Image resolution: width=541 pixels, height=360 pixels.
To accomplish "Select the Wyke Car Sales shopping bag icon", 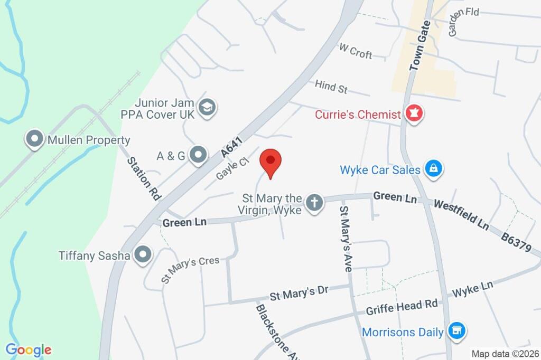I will point(433,169).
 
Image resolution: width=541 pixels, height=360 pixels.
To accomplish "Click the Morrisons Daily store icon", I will point(455,331).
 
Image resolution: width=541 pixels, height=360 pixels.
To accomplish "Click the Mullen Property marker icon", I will point(35,140).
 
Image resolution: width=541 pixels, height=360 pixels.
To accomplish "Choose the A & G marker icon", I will point(199,155).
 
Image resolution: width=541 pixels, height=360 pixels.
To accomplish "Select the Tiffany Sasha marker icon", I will point(142,255).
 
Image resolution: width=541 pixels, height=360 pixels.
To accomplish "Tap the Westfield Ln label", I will point(460,214).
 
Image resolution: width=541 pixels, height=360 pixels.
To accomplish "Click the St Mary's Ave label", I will point(345,239).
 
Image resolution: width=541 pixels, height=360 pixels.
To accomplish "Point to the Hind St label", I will point(331,87).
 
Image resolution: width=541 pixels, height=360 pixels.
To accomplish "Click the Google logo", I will point(28,349).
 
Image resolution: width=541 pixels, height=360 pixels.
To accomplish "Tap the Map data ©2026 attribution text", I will point(504,354).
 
